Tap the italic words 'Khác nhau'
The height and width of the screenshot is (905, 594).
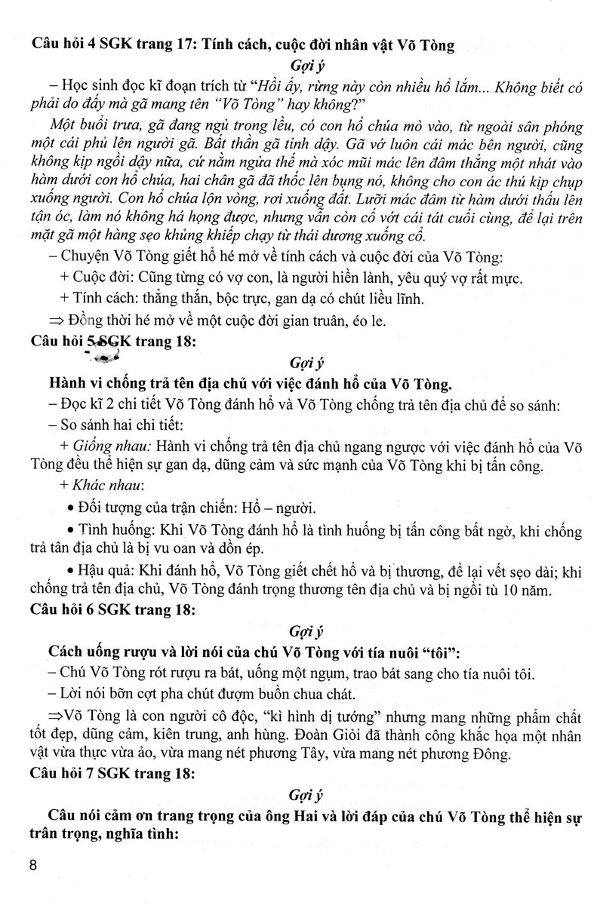100,483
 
